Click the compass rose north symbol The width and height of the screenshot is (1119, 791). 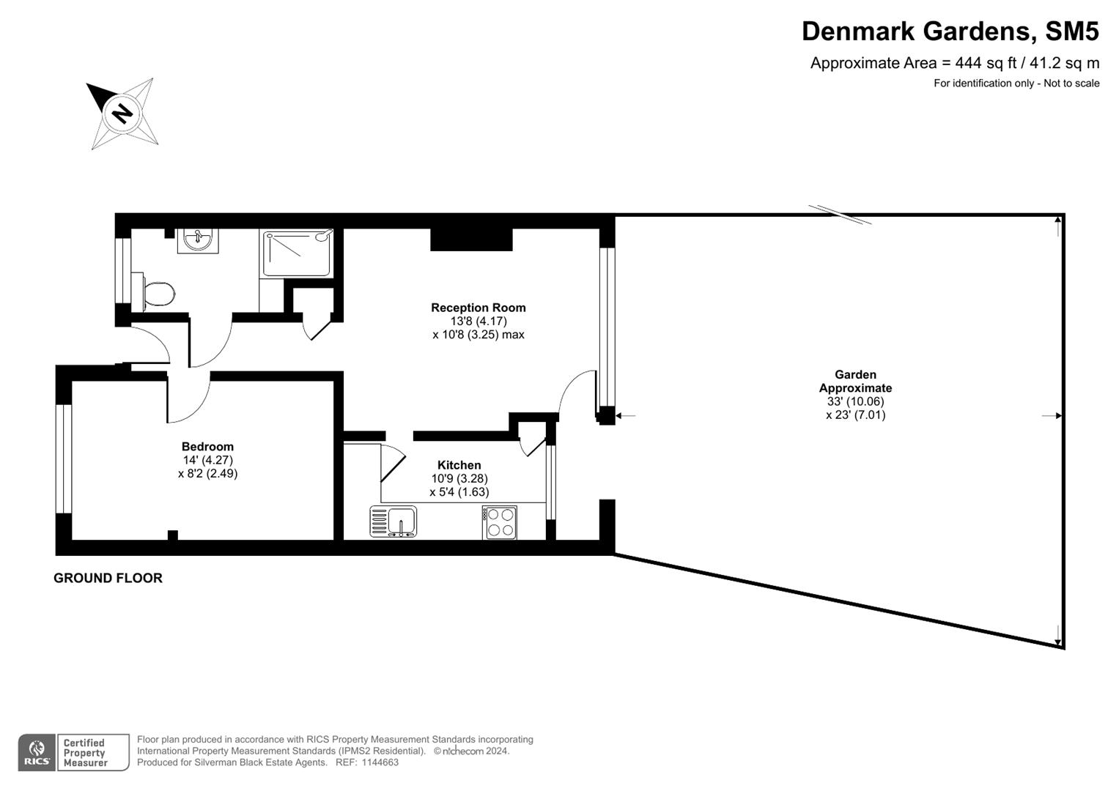point(122,114)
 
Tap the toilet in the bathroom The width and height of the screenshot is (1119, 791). point(157,294)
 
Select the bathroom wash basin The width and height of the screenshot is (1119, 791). point(197,239)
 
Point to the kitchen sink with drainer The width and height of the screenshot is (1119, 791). point(394,522)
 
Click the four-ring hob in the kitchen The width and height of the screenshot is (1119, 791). point(500,522)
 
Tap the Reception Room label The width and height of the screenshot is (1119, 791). point(478,308)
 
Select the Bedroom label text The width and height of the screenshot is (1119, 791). point(207,447)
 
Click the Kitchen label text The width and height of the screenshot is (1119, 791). point(459,465)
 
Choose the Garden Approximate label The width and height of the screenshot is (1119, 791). point(855,382)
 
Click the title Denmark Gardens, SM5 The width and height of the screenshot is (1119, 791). point(950,31)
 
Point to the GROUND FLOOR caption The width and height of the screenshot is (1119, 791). point(108,578)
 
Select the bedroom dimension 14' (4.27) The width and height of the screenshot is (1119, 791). point(207,460)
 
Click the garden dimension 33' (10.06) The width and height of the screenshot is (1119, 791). point(855,401)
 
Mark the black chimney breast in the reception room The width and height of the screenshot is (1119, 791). point(470,239)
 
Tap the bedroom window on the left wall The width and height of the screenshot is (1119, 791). point(64,458)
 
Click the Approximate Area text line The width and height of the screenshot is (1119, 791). point(954,63)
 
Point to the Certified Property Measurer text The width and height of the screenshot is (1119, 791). point(85,753)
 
